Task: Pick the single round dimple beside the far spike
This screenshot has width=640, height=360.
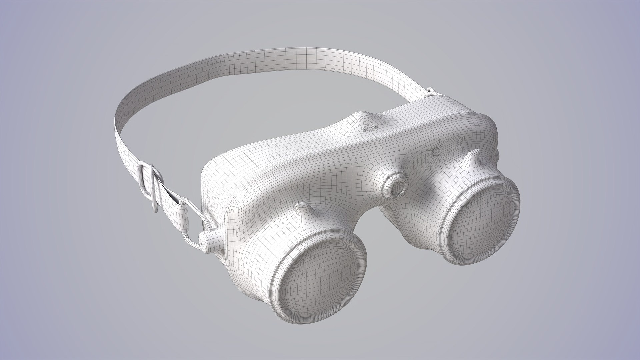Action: pyautogui.click(x=435, y=151)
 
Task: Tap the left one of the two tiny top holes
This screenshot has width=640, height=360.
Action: pyautogui.click(x=366, y=128)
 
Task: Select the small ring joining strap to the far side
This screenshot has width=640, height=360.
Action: pyautogui.click(x=431, y=91)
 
